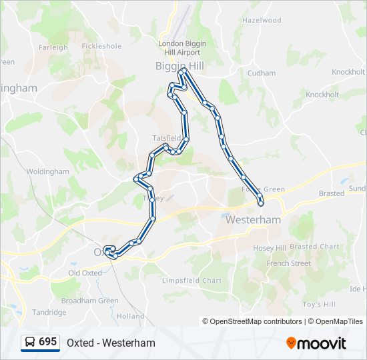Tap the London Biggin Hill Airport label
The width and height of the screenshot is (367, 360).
182,48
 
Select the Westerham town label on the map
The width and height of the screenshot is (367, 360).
253,219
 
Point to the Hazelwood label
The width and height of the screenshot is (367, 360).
262,21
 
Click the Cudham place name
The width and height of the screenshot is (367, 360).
261,73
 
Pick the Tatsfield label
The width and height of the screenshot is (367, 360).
166,138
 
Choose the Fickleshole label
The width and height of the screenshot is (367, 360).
101,47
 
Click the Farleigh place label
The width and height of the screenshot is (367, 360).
53,47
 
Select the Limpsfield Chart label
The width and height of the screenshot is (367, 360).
192,281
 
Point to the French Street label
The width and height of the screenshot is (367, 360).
288,263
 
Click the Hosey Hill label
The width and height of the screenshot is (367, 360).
270,248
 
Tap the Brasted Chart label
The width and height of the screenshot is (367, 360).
314,247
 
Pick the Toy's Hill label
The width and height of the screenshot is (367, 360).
319,305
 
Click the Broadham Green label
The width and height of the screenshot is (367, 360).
89,301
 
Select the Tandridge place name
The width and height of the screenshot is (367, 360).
49,312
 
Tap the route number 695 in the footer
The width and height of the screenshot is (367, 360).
48,342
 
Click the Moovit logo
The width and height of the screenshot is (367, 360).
316,343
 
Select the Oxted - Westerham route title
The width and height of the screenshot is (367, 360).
111,343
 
